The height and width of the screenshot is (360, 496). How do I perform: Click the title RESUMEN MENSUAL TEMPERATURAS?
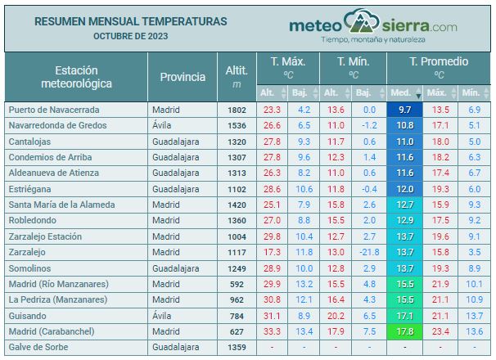[131, 21]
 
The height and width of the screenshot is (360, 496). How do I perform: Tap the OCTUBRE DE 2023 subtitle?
[131, 37]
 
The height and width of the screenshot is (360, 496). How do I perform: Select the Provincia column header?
[183, 77]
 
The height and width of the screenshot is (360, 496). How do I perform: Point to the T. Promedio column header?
[439, 61]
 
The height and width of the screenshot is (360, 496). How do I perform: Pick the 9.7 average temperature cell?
[404, 110]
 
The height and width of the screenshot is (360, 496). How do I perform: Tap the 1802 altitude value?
[236, 110]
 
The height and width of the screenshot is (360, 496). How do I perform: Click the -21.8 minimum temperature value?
[367, 252]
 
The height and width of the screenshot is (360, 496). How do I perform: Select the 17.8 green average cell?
[404, 331]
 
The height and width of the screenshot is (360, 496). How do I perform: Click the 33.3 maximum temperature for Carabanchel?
[272, 331]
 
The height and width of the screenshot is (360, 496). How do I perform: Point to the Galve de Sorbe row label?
[38, 347]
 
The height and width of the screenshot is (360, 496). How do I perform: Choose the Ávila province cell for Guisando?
[165, 315]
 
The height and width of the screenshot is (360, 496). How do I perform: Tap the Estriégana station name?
[32, 188]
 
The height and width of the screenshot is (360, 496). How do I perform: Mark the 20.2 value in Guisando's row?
[336, 315]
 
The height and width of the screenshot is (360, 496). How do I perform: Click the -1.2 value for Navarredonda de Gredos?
[369, 125]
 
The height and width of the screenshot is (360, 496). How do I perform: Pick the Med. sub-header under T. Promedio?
[401, 92]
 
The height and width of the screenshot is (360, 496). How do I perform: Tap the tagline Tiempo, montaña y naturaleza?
[372, 39]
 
